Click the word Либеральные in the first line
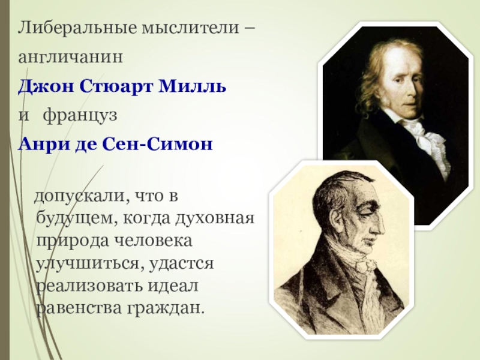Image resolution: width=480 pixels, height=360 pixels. (x=77, y=28)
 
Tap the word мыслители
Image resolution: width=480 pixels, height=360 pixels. (x=190, y=28)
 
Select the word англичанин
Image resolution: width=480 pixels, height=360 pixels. (x=70, y=57)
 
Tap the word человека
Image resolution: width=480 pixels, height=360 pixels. (x=154, y=241)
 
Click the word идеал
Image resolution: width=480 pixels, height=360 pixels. (x=173, y=286)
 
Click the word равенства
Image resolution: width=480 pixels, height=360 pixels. (x=80, y=308)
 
